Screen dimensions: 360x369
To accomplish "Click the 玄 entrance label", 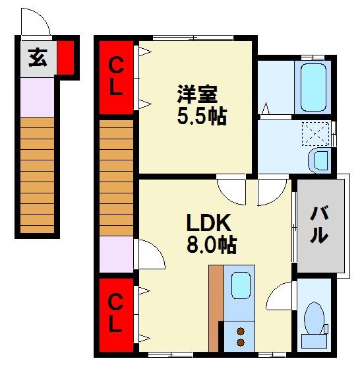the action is (38, 57).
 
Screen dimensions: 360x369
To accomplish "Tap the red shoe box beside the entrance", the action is (65, 57).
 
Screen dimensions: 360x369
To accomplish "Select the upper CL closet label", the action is (116, 77).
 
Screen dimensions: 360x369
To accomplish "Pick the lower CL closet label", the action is (116, 314).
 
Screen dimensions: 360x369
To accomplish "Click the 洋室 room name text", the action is (197, 94).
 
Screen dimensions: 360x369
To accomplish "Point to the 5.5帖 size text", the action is (202, 116).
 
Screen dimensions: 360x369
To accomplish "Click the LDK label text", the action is (208, 222).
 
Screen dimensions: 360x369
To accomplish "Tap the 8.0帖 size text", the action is (212, 245).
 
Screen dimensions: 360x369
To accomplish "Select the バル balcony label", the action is (319, 224).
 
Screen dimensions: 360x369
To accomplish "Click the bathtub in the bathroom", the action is (313, 88).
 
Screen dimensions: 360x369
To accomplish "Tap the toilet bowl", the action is (314, 318).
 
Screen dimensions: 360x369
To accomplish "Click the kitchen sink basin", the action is (241, 285).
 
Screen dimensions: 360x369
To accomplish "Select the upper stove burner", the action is (241, 331).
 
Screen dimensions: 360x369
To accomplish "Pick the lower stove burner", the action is (241, 342).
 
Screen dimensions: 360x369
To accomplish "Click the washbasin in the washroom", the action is (320, 160).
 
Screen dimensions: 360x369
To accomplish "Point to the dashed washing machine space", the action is (316, 133).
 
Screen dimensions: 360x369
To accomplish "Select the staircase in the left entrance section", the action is (37, 175).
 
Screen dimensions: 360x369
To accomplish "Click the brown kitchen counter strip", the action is (216, 308).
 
